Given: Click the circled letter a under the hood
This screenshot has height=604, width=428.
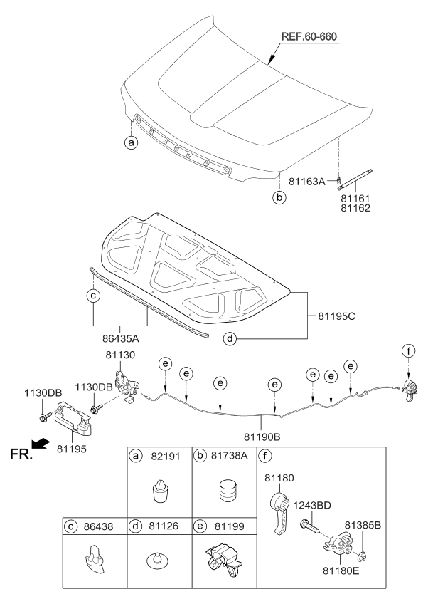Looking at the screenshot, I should pyautogui.click(x=130, y=142).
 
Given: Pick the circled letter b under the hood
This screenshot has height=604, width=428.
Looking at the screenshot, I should pyautogui.click(x=280, y=197).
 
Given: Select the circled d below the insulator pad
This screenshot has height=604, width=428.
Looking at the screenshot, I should pyautogui.click(x=229, y=338).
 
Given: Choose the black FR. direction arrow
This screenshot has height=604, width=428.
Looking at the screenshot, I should pyautogui.click(x=43, y=444).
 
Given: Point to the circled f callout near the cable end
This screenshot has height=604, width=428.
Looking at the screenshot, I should pyautogui.click(x=408, y=350).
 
